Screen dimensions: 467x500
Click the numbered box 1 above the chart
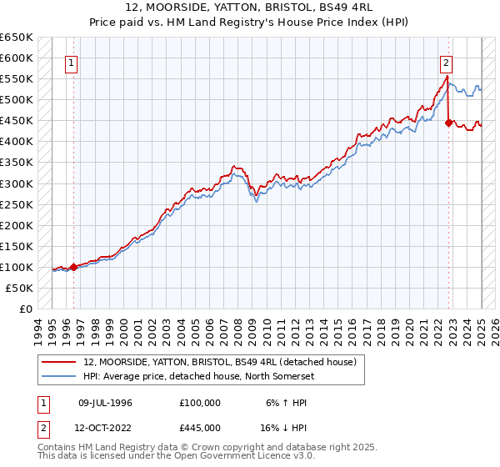pos(72,62)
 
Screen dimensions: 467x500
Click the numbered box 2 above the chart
pos(447,62)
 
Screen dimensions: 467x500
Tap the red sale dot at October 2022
pos(448,123)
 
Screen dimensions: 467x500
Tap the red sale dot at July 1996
pos(73,267)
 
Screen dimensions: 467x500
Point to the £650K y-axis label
pos(17,38)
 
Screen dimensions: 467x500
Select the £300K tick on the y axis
pos(17,183)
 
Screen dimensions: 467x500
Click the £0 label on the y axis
pos(27,309)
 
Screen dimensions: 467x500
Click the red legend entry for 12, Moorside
pos(220,362)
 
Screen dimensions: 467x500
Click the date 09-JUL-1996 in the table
pos(105,403)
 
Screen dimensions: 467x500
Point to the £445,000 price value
pos(200,428)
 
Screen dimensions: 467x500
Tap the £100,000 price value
pos(200,403)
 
